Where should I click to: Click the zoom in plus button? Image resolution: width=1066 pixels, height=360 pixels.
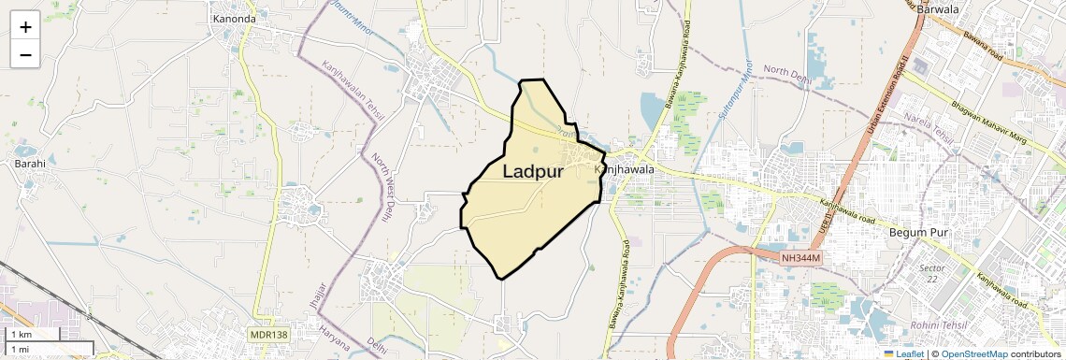click(25, 27)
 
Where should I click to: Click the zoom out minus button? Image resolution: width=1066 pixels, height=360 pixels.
click(25, 54)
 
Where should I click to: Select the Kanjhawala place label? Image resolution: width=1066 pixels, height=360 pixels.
click(624, 169)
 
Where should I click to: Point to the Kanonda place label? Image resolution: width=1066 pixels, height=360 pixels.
click(234, 18)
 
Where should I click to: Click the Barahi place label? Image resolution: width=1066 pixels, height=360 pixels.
click(29, 163)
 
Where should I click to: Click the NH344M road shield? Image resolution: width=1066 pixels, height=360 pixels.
click(800, 257)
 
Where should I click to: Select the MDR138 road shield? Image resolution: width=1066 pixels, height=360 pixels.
click(268, 334)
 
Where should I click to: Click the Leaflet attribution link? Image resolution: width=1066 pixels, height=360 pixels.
click(903, 354)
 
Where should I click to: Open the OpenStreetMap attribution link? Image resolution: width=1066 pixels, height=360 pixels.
click(974, 354)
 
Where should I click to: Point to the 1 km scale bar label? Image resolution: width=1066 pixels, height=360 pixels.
click(21, 334)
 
